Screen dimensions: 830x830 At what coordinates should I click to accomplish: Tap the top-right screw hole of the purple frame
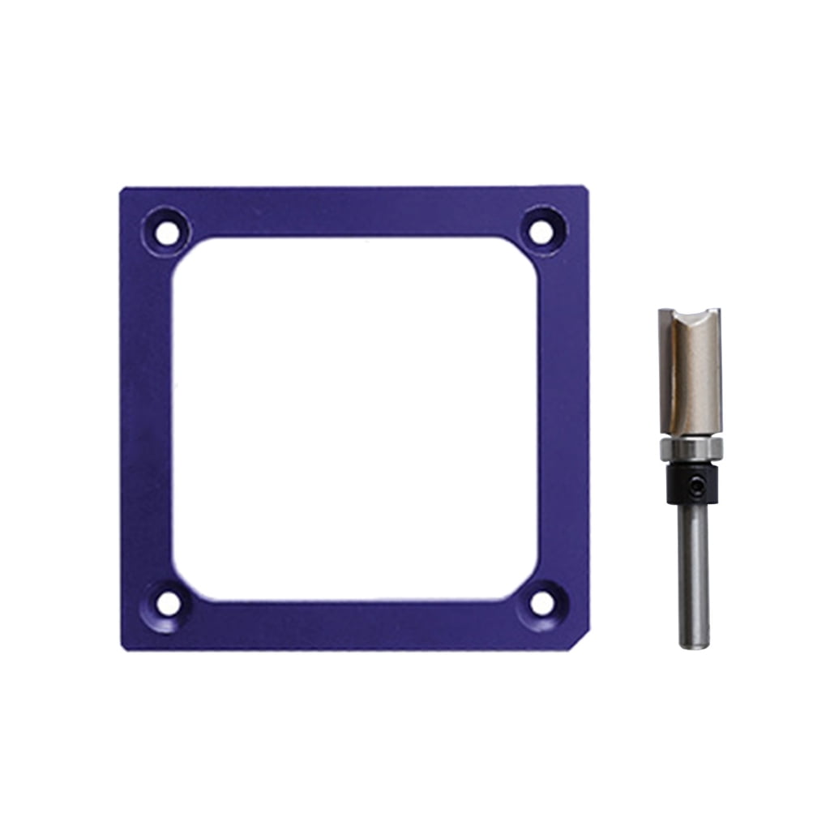click(541, 232)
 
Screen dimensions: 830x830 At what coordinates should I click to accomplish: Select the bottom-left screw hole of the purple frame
click(168, 604)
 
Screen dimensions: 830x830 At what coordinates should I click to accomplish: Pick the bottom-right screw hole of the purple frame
click(541, 604)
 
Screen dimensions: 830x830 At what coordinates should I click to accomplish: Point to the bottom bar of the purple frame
click(354, 625)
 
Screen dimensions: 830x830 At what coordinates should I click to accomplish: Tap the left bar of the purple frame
click(146, 418)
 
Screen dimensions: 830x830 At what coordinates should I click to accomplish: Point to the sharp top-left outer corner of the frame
click(123, 191)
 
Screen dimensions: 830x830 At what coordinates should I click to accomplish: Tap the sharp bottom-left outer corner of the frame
click(123, 648)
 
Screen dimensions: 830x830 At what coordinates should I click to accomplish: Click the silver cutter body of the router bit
click(689, 381)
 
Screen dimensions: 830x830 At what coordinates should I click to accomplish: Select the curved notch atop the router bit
click(689, 318)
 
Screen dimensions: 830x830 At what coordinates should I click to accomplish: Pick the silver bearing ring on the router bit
click(689, 449)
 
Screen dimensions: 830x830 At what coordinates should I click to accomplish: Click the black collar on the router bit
click(689, 484)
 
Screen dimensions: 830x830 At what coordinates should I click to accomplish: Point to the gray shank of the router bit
click(694, 567)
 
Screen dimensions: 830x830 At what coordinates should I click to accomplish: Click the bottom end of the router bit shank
click(694, 644)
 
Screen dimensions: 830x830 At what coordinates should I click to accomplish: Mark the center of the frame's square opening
click(354, 418)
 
